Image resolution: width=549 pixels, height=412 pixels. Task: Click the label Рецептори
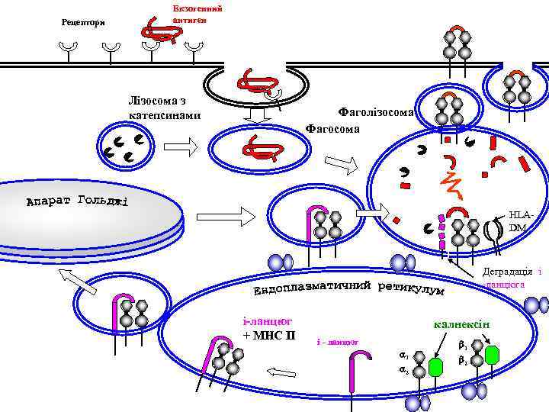[x=83, y=21]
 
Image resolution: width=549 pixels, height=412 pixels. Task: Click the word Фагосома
[x=332, y=128]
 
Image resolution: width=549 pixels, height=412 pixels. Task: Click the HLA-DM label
[x=518, y=221]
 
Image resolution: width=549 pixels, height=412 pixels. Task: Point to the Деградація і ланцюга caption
[x=512, y=278]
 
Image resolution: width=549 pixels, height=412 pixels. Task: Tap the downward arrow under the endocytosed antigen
[x=257, y=114]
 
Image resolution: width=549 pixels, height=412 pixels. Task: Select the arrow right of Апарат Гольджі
[x=236, y=216]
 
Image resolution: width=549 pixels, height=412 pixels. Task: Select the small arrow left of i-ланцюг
[x=281, y=372]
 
